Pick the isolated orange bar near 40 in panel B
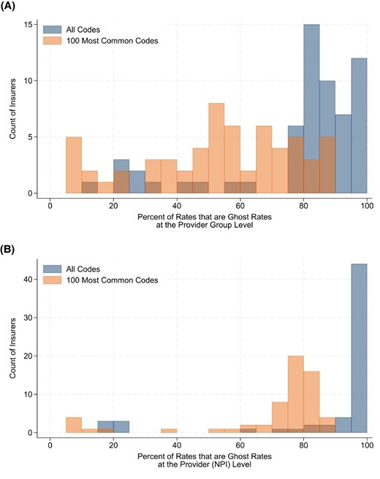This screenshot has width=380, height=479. [x=168, y=431]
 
